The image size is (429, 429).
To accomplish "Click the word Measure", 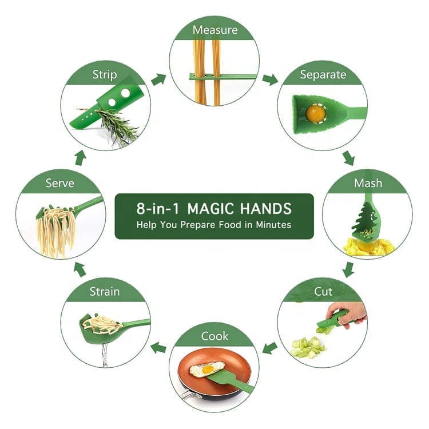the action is [215, 30].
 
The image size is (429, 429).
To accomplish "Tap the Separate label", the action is [323, 75].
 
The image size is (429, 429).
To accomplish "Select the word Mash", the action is [368, 183].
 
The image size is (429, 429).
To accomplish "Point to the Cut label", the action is [323, 291].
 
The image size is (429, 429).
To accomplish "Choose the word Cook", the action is [214, 336].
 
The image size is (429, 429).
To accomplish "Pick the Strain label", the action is [105, 292].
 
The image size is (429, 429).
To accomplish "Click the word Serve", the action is [60, 183].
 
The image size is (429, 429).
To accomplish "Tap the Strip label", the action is [105, 75].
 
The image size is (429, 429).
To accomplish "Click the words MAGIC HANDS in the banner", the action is [240, 208].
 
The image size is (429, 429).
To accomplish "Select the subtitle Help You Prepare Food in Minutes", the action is [214, 225].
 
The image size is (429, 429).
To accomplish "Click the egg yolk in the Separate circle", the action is [315, 113].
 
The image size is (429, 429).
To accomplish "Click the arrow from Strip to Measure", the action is [158, 80].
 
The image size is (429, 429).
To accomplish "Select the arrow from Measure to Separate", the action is [271, 80].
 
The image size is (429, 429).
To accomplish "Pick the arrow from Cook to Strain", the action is [158, 347].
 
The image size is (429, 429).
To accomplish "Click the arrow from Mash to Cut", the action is [348, 269].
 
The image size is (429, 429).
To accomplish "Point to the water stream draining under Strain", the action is [105, 355].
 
